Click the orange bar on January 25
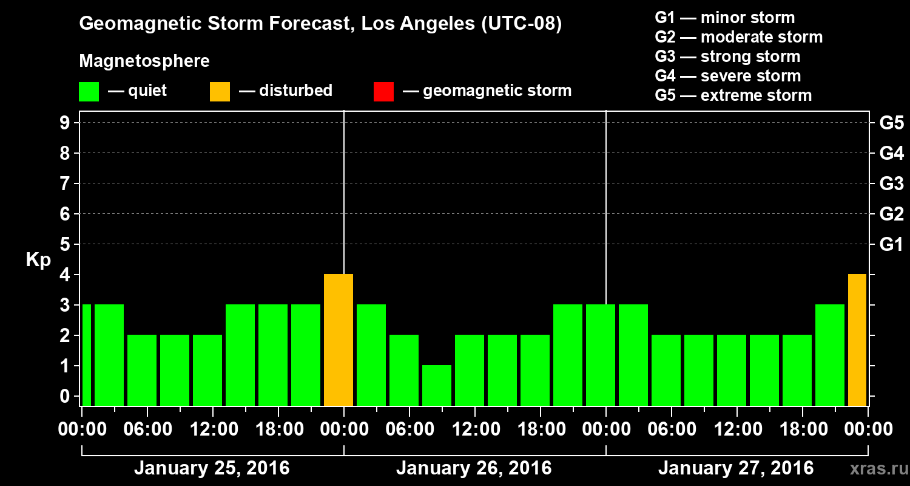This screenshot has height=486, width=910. [339, 340]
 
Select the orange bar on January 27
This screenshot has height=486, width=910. [857, 340]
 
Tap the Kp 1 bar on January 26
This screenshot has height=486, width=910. [437, 385]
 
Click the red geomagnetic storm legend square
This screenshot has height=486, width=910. [383, 92]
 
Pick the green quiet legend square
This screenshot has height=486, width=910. [89, 92]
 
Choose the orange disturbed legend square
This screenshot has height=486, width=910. [220, 92]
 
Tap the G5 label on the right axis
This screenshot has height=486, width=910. [891, 123]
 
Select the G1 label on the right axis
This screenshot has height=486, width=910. [891, 245]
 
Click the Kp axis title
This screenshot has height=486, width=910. [38, 260]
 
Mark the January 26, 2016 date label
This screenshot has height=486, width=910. [474, 468]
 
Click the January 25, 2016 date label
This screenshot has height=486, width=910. [212, 468]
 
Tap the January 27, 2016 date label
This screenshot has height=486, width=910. [736, 468]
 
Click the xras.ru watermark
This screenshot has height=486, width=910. [876, 469]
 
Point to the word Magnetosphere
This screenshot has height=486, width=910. [144, 61]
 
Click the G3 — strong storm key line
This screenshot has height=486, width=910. [727, 56]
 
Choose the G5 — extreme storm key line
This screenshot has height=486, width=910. [733, 95]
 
